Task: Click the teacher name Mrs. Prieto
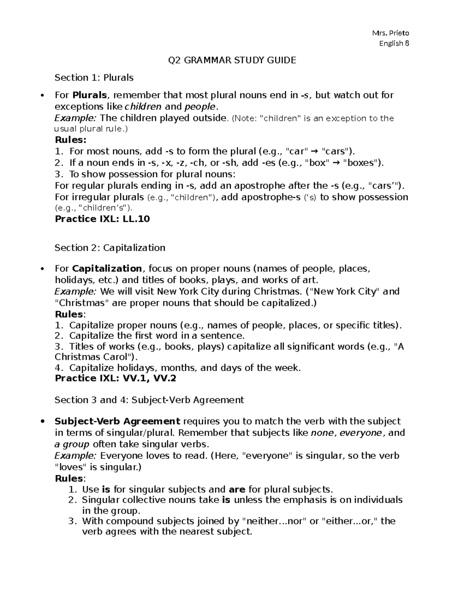[390, 33]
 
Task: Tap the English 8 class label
[394, 43]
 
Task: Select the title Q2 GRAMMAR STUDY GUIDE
[232, 60]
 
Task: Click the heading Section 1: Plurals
[94, 78]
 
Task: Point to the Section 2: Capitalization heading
[110, 248]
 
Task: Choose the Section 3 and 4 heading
[149, 400]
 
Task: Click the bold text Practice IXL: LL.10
[102, 219]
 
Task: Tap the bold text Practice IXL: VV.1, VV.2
[116, 378]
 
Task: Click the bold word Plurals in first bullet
[91, 95]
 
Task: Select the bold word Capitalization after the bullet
[107, 269]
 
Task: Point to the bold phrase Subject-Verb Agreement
[118, 421]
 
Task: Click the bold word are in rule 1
[237, 490]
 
